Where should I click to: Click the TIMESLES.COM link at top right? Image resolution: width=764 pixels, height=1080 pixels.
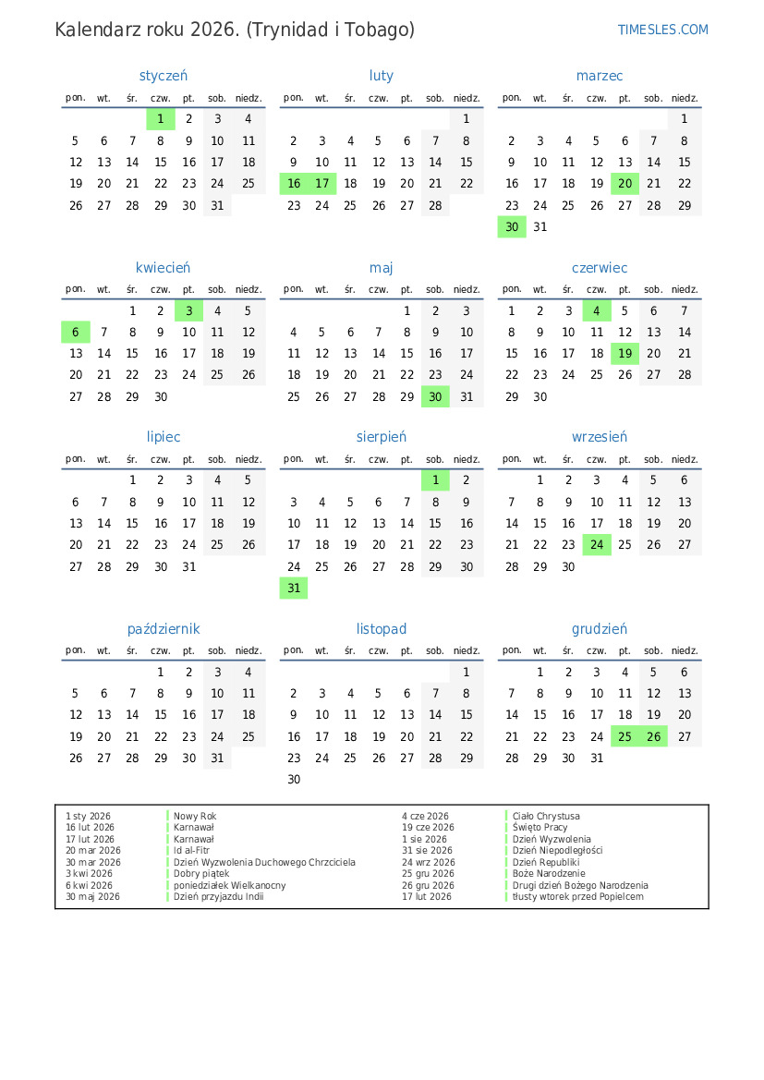tap(662, 30)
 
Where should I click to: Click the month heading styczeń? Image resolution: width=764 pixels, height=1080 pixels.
tap(164, 76)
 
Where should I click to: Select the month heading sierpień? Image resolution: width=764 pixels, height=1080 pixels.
tap(382, 437)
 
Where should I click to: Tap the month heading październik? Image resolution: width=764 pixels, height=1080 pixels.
tap(164, 629)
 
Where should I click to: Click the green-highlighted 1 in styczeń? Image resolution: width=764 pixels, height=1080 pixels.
tap(161, 118)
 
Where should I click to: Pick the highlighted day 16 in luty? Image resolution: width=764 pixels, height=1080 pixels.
tap(294, 184)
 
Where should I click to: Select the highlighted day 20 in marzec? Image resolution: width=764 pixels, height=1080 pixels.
tap(625, 184)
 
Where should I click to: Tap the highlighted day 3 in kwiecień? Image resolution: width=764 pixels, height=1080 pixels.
tap(188, 311)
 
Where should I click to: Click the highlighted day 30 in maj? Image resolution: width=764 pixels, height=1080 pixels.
tap(435, 397)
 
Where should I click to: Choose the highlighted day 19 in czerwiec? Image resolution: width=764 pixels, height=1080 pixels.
tap(625, 354)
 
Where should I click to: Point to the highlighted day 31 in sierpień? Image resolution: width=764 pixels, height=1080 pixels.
tap(294, 589)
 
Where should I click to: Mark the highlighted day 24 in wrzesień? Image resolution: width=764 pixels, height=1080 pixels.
tap(597, 545)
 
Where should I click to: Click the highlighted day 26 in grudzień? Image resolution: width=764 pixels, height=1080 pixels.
tap(654, 736)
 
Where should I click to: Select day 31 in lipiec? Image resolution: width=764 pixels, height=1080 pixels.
tap(188, 567)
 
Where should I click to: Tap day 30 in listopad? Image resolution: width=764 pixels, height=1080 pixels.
tap(294, 780)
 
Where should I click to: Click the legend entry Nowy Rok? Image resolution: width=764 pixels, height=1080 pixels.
tap(195, 817)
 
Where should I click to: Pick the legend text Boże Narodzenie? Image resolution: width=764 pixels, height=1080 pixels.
tap(549, 874)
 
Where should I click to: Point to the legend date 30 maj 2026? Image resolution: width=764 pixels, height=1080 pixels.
tap(92, 897)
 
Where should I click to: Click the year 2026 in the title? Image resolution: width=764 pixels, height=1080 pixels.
tap(213, 30)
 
